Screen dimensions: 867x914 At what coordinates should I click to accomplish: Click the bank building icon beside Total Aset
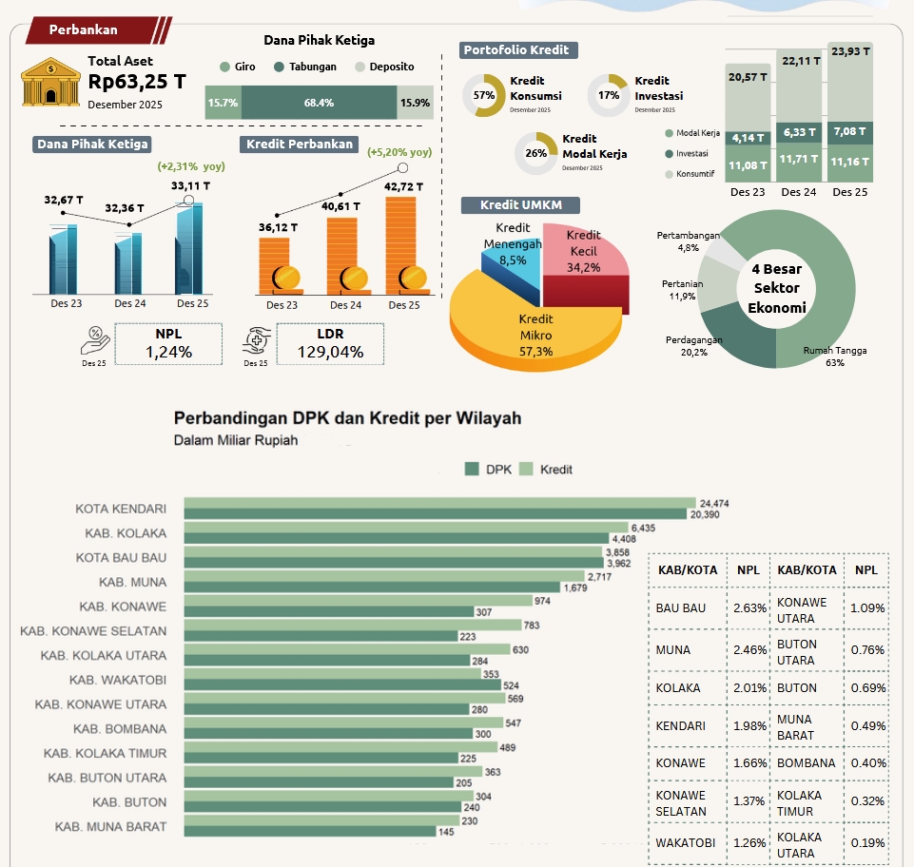(x=50, y=82)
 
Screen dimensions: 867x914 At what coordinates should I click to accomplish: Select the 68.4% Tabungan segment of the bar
(x=319, y=103)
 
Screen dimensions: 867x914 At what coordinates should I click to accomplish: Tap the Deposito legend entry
(x=385, y=67)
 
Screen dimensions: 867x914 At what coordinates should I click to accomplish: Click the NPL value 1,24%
(x=168, y=352)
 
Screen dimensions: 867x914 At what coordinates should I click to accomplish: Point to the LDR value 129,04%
(x=330, y=352)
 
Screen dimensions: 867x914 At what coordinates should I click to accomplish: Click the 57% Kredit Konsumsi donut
(x=483, y=96)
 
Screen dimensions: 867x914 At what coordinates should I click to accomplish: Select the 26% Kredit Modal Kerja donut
(x=535, y=152)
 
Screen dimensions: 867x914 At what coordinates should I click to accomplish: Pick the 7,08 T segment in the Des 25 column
(x=849, y=130)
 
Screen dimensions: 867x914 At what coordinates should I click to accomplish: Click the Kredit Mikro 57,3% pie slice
(x=535, y=328)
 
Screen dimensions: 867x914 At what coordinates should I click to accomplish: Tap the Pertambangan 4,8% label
(x=688, y=241)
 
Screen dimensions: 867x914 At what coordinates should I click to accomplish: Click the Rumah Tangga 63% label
(x=834, y=356)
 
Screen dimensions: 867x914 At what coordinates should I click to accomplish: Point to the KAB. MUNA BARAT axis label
(x=110, y=826)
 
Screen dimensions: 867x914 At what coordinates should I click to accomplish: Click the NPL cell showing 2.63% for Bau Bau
(x=749, y=607)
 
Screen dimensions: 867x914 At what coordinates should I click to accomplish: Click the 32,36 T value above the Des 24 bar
(x=126, y=207)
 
